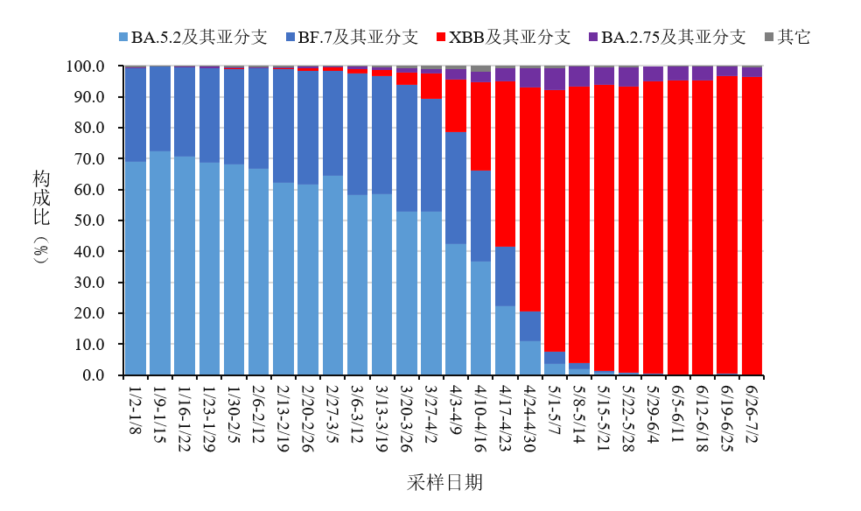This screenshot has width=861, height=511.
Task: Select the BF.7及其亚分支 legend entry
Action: pyautogui.click(x=350, y=37)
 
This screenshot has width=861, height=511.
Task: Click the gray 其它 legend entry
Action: pyautogui.click(x=787, y=37)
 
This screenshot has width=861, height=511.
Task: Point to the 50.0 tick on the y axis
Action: pyautogui.click(x=90, y=220)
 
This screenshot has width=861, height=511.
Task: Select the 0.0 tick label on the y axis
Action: pyautogui.click(x=93, y=375)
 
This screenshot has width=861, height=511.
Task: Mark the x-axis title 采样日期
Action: pyautogui.click(x=444, y=482)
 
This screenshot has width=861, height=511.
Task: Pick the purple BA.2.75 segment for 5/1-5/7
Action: pyautogui.click(x=554, y=79)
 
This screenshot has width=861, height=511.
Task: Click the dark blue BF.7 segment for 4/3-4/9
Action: pyautogui.click(x=455, y=188)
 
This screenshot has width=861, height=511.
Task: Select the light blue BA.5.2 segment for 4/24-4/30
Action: pyautogui.click(x=529, y=358)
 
